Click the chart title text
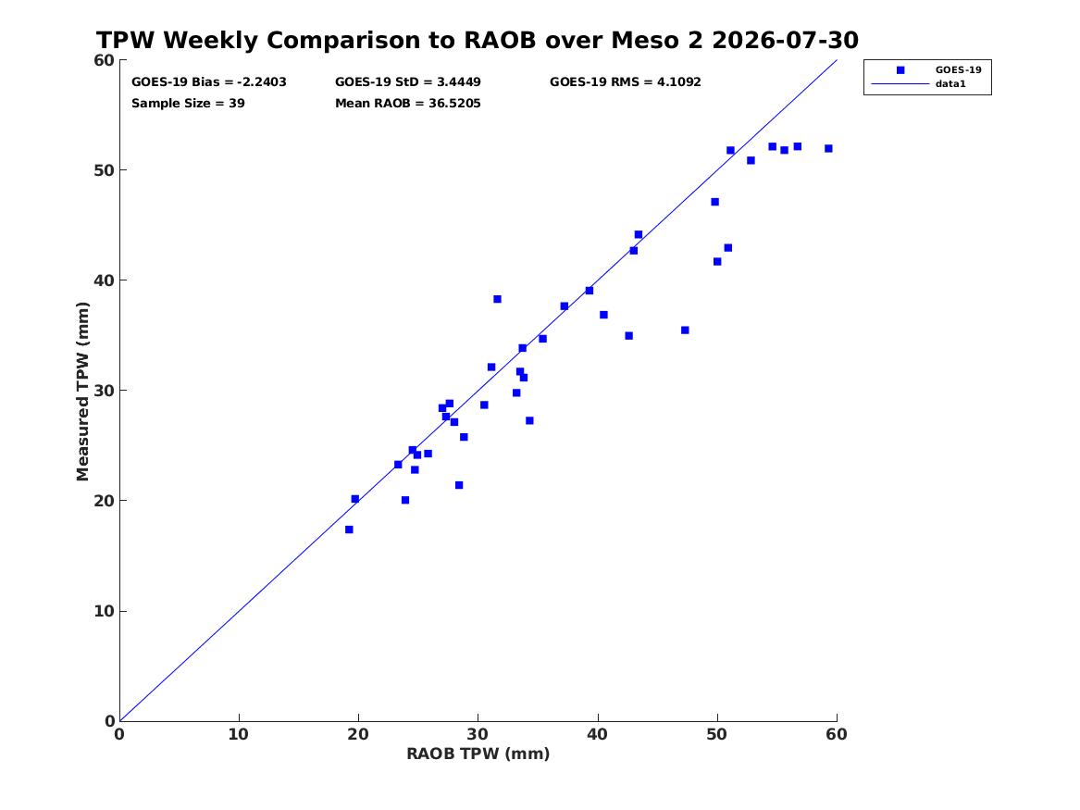tap(478, 40)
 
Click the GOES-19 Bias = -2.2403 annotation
tap(209, 82)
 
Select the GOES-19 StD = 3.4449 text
tap(408, 82)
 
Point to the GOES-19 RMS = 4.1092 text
tap(626, 82)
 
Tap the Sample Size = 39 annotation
tap(188, 104)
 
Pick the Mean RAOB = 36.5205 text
tap(408, 104)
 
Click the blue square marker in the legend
tap(900, 70)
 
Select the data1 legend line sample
tap(900, 84)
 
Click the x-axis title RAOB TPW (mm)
tap(478, 754)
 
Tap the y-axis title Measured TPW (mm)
tap(82, 392)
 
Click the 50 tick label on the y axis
tap(104, 170)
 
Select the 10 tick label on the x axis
tap(239, 734)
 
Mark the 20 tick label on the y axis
tap(104, 501)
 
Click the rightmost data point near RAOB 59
tap(828, 149)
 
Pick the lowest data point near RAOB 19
tap(349, 530)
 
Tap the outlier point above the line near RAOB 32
tap(497, 299)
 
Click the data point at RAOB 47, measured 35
tap(686, 330)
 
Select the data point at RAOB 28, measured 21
tap(459, 486)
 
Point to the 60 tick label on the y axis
tap(104, 60)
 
